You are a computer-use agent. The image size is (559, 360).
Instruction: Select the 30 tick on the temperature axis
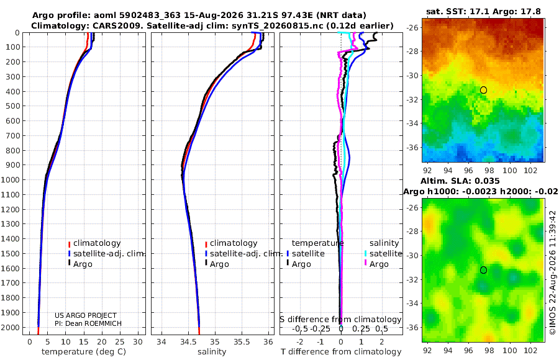tap(138, 342)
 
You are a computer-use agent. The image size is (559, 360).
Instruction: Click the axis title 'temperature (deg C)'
tap(84, 352)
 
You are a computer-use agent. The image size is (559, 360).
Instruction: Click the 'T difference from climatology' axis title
tap(341, 352)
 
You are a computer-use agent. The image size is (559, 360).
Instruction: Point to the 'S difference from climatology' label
tap(340, 319)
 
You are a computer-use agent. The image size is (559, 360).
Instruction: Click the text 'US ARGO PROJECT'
tap(86, 315)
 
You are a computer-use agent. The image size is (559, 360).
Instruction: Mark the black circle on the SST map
tap(483, 90)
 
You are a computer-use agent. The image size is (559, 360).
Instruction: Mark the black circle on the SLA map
tap(483, 270)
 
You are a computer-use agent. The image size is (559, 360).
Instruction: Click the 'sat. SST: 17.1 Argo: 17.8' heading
tap(483, 11)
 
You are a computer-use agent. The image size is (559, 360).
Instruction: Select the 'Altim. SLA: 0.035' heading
tap(460, 181)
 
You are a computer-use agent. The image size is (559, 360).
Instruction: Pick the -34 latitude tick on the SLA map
tap(412, 303)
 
